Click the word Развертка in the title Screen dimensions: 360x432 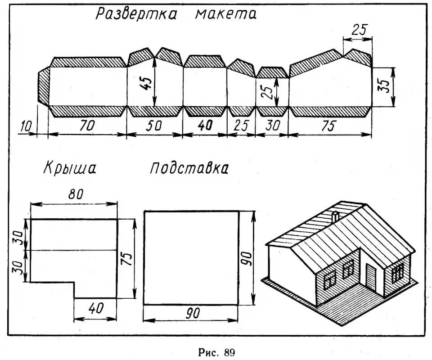click(x=135, y=14)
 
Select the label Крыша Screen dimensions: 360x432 click(x=70, y=169)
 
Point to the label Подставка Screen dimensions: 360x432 click(x=189, y=169)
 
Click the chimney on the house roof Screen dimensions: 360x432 click(x=335, y=216)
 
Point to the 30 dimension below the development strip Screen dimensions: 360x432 click(x=271, y=126)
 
